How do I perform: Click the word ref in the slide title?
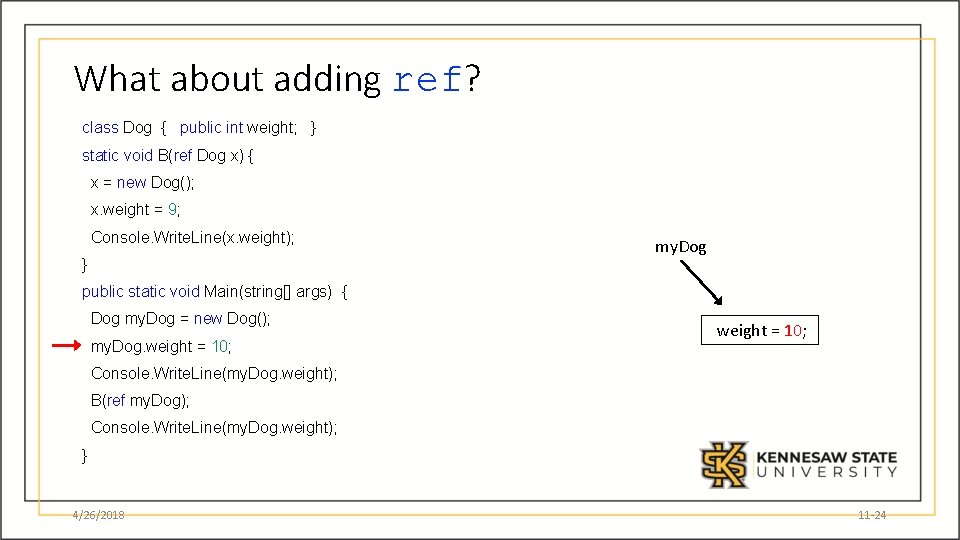[x=427, y=80]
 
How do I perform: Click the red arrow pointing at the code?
[x=66, y=345]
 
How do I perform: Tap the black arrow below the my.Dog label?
[x=701, y=283]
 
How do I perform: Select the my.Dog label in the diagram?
[x=680, y=246]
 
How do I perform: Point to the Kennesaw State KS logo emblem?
[x=724, y=464]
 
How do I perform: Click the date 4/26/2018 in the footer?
[x=98, y=515]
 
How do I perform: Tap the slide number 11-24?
[x=872, y=515]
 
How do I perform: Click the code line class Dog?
[x=199, y=127]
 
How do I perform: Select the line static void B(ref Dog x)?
[x=168, y=155]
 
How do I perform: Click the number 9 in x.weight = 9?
[x=172, y=210]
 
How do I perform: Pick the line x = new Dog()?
[x=143, y=182]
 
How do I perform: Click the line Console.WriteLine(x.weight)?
[x=192, y=237]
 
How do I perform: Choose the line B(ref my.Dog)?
[x=140, y=400]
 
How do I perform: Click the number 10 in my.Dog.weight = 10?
[x=220, y=346]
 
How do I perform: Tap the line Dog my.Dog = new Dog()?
[x=180, y=318]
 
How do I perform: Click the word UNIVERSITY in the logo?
[x=826, y=472]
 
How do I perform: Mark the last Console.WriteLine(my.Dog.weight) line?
[x=214, y=427]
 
